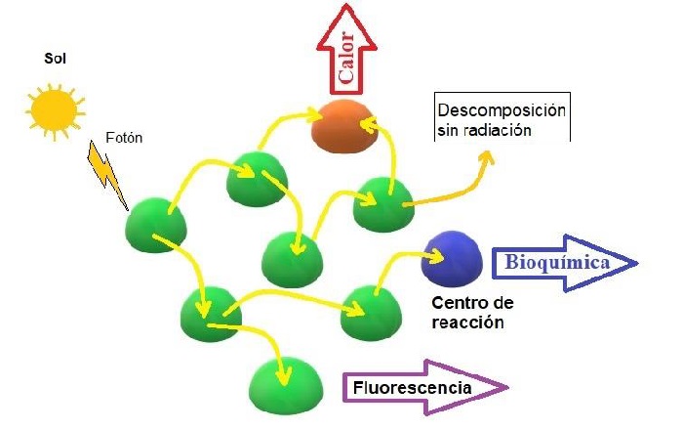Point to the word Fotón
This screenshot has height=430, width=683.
point(124,138)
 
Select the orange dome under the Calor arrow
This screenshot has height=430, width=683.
point(343,124)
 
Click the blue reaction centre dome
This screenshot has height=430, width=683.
point(451,256)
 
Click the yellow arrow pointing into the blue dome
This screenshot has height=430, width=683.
point(400,261)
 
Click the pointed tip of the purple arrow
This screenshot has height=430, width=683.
point(508,388)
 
